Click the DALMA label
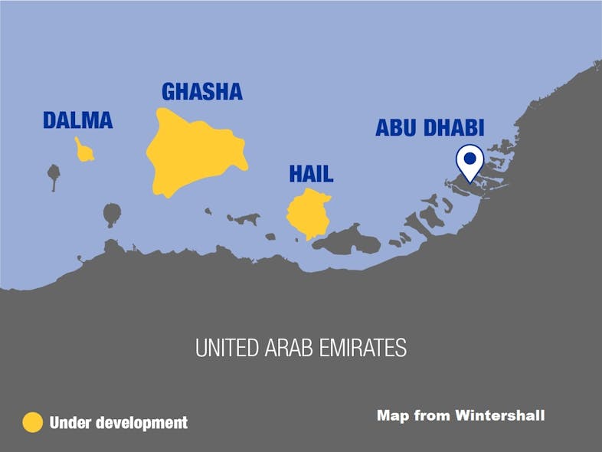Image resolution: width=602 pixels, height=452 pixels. [x=77, y=120]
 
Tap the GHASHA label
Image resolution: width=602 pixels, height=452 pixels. [x=201, y=92]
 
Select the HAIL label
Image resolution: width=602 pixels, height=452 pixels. [x=311, y=174]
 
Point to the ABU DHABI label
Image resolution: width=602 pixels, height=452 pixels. [x=430, y=128]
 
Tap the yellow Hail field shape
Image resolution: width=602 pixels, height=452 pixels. [x=308, y=215]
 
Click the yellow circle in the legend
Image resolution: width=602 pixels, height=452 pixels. [x=32, y=422]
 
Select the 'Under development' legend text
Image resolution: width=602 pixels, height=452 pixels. [x=118, y=422]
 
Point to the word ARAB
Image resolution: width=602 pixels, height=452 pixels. [x=290, y=349]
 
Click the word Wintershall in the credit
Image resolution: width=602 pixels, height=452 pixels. [x=500, y=415]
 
